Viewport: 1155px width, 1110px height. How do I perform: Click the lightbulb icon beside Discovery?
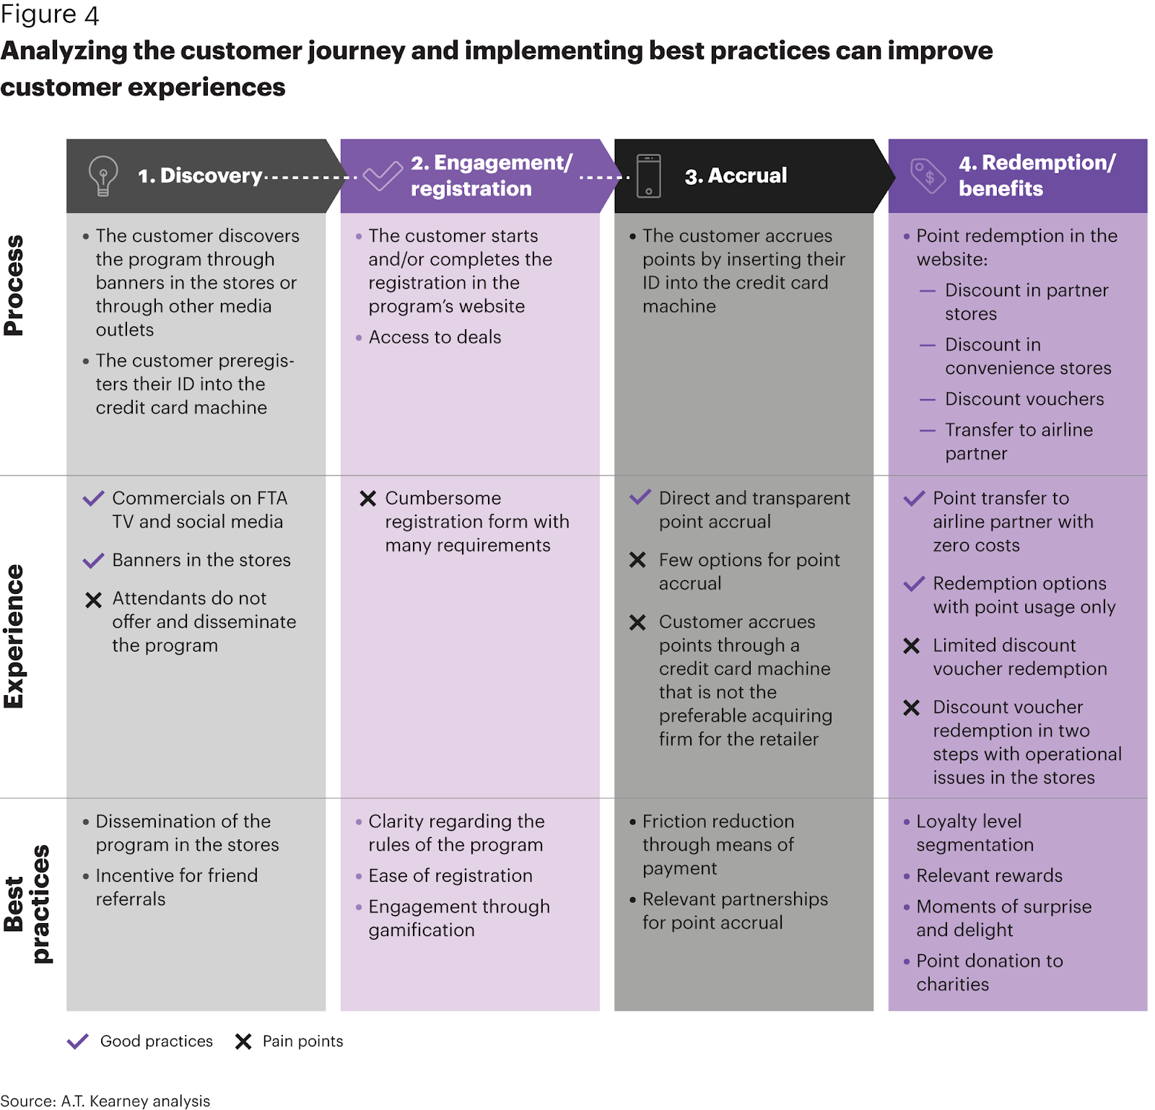coord(103,175)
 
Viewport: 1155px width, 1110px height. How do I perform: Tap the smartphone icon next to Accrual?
coord(648,175)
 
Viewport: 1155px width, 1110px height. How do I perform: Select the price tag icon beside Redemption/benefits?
coord(928,175)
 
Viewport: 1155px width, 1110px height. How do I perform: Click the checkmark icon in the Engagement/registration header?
coord(383,175)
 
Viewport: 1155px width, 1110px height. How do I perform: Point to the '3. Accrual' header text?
coord(736,175)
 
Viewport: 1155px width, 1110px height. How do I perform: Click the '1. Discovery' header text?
coord(200,175)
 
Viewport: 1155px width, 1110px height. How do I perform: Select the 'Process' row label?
coord(14,285)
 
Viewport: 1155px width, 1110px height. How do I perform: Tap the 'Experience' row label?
coord(14,636)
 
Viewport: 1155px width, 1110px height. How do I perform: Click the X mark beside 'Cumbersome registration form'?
coord(368,499)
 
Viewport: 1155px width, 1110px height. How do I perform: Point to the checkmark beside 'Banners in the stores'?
coord(94,560)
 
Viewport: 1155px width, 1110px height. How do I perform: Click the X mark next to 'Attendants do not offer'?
coord(94,600)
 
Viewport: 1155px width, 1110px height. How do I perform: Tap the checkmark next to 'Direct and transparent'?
coord(640,497)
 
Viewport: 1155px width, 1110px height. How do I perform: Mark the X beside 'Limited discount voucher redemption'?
coord(912,646)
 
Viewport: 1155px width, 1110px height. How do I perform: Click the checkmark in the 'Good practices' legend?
coord(77,1041)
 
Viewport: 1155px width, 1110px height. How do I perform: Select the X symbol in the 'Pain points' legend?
coord(243,1041)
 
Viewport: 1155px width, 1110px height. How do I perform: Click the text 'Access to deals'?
coord(435,337)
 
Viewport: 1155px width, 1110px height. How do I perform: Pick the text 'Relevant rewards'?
coord(990,875)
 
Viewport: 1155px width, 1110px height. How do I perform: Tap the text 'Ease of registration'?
coord(450,875)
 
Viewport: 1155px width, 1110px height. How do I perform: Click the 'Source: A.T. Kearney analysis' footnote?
coord(105,1101)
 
